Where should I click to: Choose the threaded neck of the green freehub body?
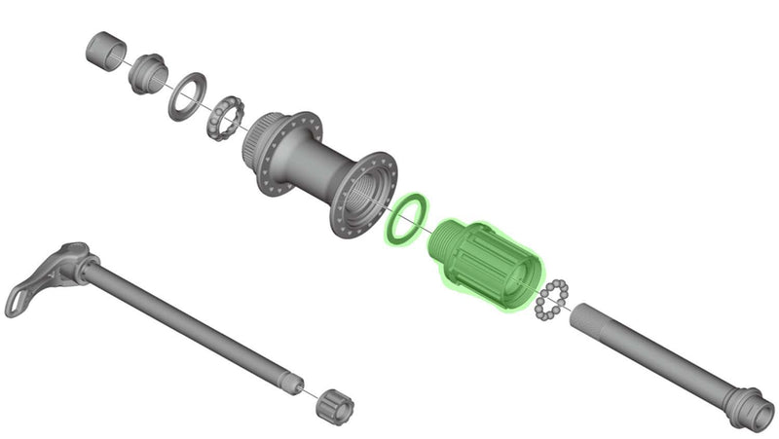coord(447,237)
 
